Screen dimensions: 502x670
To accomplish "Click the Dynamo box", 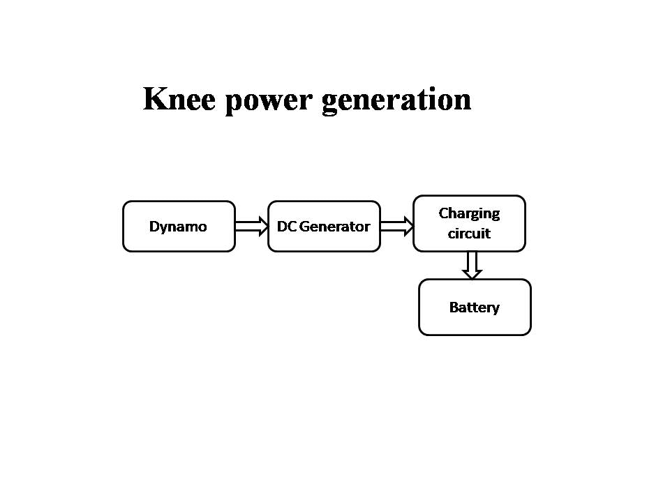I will coord(179,226).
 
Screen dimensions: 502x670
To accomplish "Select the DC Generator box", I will coord(324,226).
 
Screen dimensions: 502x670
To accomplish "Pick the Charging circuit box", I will coord(469,223).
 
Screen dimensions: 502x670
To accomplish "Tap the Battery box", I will coord(475,307).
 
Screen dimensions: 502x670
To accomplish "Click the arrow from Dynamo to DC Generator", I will coord(251,226).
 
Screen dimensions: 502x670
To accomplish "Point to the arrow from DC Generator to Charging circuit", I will coord(396,226).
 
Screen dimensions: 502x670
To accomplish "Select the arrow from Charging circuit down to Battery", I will coord(472,265).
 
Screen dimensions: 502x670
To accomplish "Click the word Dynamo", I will coord(178,227).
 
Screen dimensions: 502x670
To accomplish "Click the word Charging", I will coord(469,213).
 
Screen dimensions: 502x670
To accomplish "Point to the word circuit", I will coord(469,234).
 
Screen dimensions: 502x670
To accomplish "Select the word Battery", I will coord(475,307).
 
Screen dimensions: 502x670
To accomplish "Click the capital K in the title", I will coord(155,99).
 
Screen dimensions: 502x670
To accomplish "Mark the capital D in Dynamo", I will coord(154,227).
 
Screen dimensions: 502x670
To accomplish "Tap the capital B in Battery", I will coord(453,307).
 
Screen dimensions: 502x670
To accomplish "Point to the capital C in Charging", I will coord(442,213).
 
